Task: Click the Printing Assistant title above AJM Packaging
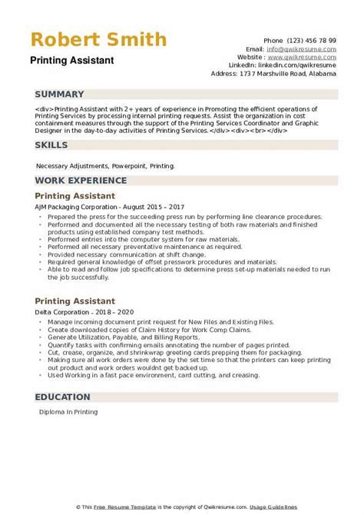(x=75, y=196)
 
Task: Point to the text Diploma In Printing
(x=67, y=413)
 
